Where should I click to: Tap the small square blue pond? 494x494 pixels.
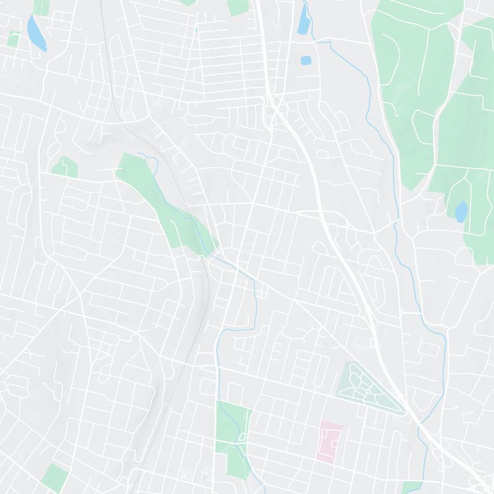pos(305,61)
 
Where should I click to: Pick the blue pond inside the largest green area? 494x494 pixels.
pos(461,211)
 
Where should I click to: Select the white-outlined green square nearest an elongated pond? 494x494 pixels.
pos(13,38)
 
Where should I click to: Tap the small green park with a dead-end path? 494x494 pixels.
pos(64,167)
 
